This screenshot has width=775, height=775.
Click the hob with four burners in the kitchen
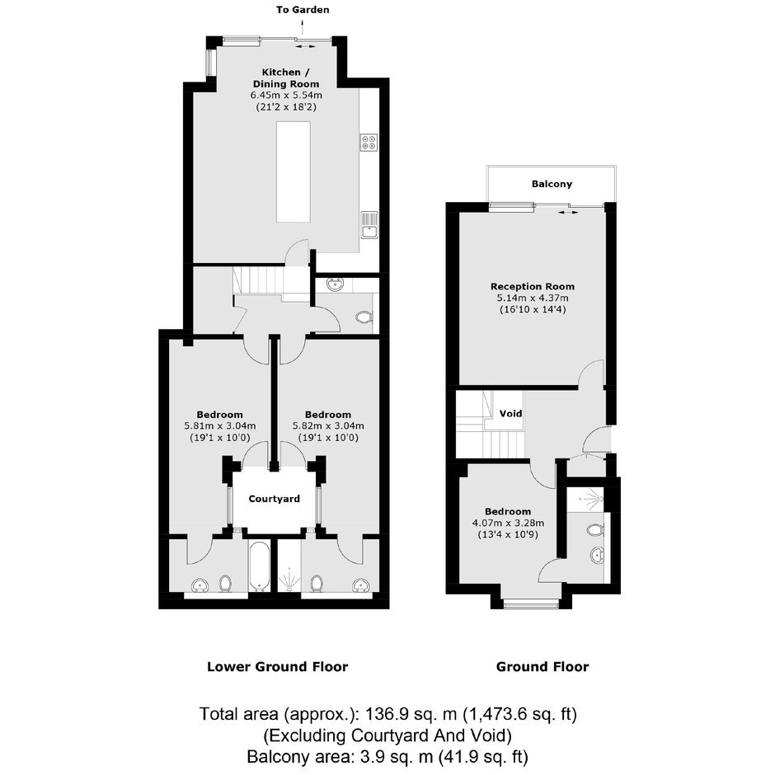click(369, 143)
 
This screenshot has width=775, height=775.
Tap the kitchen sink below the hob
click(369, 225)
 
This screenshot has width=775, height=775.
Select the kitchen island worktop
click(294, 171)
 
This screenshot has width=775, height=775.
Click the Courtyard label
click(274, 499)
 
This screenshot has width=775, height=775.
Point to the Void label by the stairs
click(510, 413)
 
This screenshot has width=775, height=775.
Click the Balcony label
click(552, 184)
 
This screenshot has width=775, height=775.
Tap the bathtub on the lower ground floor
click(259, 566)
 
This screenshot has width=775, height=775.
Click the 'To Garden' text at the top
click(303, 9)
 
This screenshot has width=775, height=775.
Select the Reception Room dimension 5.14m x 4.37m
click(533, 298)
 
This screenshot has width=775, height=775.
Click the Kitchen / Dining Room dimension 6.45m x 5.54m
click(286, 95)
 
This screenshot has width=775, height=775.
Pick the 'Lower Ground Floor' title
click(277, 667)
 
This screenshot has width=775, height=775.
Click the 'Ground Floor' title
click(542, 667)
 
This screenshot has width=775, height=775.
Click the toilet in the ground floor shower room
click(596, 531)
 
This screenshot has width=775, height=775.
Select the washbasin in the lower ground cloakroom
click(336, 284)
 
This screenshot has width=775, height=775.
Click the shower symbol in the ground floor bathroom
click(592, 498)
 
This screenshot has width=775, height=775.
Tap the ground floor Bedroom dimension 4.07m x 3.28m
click(508, 523)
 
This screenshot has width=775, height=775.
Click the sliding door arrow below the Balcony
click(568, 213)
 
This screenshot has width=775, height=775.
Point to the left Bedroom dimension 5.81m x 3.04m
click(220, 425)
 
